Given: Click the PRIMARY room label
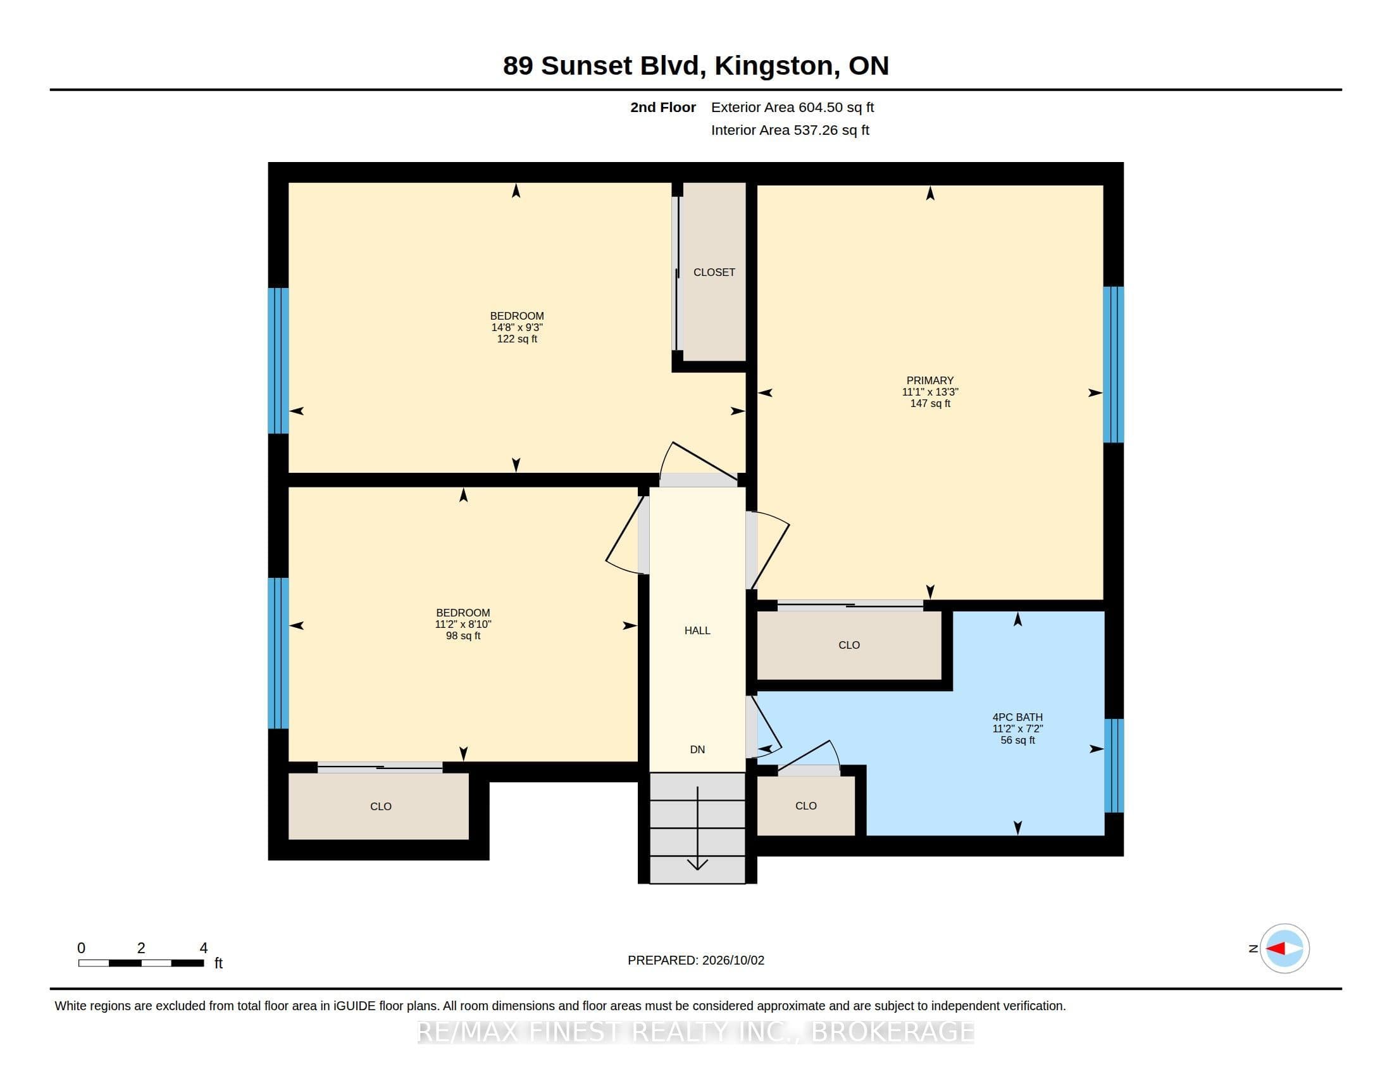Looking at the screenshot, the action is [x=930, y=380].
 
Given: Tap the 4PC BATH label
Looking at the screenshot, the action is [x=1017, y=717].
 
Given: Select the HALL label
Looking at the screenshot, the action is [x=697, y=630].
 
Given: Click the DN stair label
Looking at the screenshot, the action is [x=697, y=749].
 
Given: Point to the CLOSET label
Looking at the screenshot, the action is [x=714, y=272].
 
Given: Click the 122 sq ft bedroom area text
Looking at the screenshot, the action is [x=517, y=339].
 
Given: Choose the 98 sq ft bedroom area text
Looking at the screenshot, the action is [x=463, y=636].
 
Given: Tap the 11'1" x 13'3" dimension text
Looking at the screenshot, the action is [x=930, y=392].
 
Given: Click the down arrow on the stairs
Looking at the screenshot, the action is [x=697, y=828].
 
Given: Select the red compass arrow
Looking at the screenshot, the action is [x=1275, y=949].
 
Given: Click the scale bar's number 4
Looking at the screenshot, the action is [x=203, y=948].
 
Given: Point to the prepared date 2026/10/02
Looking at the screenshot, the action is [x=733, y=960].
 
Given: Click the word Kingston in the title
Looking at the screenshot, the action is [x=774, y=66].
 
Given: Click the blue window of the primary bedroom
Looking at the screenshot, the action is [x=1113, y=365].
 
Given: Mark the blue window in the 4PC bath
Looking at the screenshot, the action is [x=1114, y=766].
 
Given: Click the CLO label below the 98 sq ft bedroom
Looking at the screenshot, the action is [x=380, y=806].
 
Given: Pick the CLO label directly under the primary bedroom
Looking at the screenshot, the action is [x=849, y=645].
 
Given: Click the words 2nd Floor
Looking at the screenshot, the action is [x=663, y=107].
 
